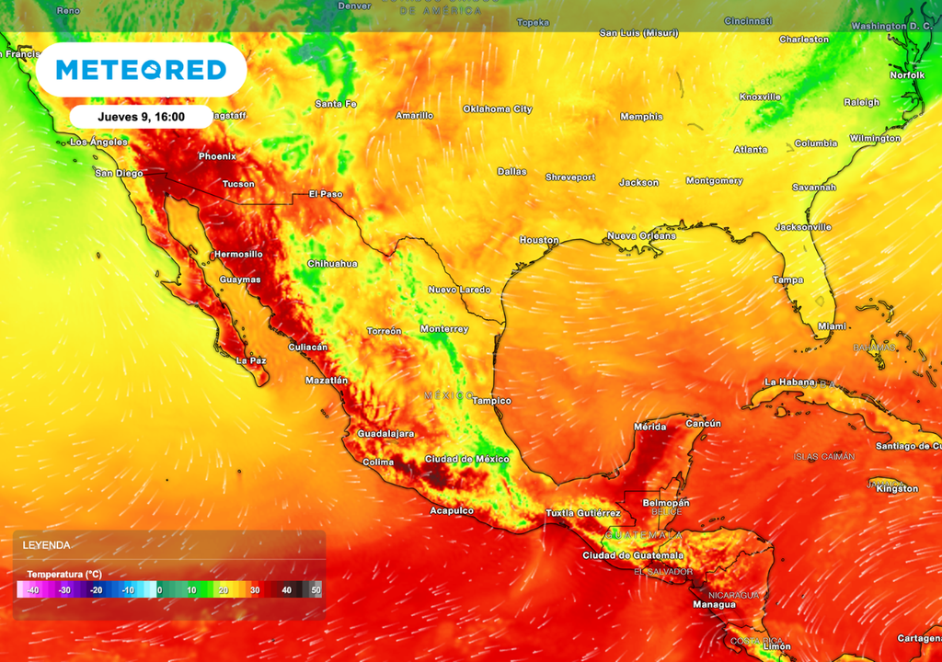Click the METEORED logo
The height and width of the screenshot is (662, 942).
click(141, 70)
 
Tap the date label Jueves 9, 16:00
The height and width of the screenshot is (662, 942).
click(141, 117)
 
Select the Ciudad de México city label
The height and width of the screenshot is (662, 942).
click(466, 459)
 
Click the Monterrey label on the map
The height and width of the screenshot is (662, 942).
click(443, 329)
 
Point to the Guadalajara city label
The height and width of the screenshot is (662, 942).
click(385, 433)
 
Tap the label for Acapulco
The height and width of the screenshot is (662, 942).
click(452, 510)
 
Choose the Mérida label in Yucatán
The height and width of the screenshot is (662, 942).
click(651, 427)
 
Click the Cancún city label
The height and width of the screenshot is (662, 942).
click(703, 423)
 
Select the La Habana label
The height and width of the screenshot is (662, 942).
click(789, 382)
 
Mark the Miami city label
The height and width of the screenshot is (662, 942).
click(832, 326)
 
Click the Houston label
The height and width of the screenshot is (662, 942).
click(539, 240)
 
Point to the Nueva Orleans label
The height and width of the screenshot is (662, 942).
click(641, 236)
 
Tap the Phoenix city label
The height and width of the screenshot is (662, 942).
click(217, 156)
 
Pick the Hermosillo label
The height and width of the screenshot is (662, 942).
click(238, 254)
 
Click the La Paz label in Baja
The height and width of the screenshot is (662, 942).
click(251, 360)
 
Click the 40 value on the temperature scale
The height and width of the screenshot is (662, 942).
click(286, 589)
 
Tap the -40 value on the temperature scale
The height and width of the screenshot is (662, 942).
click(33, 589)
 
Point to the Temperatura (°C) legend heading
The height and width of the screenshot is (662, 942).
click(63, 574)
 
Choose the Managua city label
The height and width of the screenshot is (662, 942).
click(714, 604)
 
